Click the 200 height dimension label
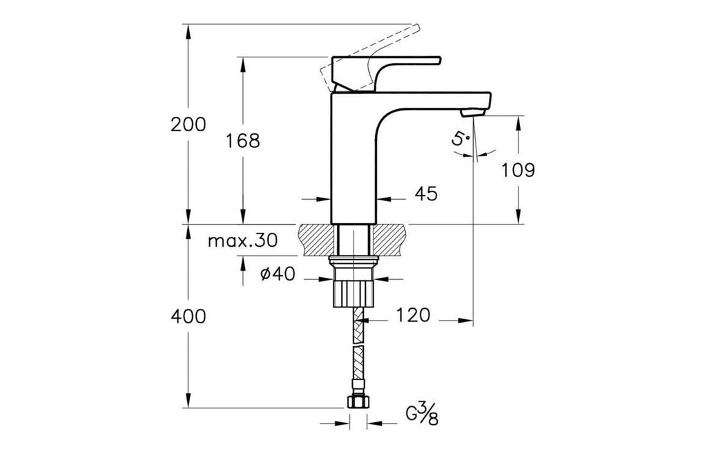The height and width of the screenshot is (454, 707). click(188, 124)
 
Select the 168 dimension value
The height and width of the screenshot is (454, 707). click(242, 141)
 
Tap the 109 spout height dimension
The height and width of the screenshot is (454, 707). click(518, 170)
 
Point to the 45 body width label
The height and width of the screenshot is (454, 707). click(426, 193)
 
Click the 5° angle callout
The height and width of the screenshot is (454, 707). click(461, 138)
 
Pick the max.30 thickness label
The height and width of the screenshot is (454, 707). click(242, 240)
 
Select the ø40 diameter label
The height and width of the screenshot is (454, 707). click(278, 274)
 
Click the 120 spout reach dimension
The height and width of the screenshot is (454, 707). click(413, 315)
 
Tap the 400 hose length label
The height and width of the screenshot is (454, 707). click(188, 316)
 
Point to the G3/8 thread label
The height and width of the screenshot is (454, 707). click(422, 415)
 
